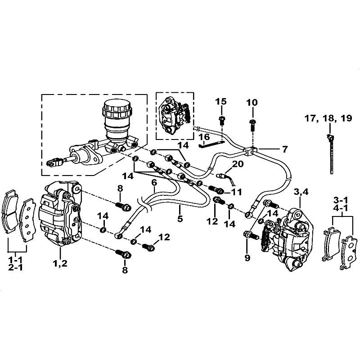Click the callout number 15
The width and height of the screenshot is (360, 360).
[220, 102]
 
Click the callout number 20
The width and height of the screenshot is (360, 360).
[238, 164]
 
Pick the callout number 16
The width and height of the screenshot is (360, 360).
[203, 137]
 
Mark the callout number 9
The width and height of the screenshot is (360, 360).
[247, 258]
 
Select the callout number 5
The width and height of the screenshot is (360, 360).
[180, 219]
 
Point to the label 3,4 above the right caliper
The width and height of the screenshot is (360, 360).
[301, 192]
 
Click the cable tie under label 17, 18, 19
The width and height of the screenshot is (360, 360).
[331, 153]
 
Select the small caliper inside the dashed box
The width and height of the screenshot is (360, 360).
[175, 115]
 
